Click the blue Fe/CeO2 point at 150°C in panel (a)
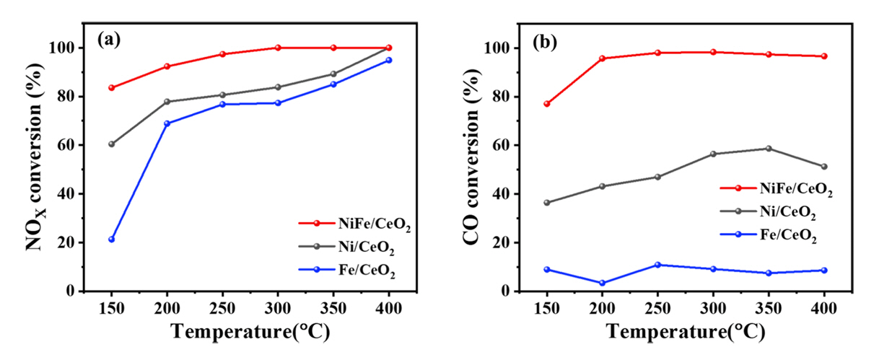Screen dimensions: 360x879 click(x=112, y=239)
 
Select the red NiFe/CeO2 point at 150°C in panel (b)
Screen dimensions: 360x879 click(x=547, y=104)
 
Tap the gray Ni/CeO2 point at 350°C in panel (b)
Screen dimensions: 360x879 click(x=769, y=149)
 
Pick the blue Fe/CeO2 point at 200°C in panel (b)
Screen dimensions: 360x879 click(x=603, y=283)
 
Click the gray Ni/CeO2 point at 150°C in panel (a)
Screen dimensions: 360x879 click(x=112, y=144)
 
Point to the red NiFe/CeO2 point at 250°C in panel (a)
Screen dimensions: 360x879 click(x=223, y=54)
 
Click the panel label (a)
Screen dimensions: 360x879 click(x=109, y=41)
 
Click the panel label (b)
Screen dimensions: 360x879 click(x=544, y=42)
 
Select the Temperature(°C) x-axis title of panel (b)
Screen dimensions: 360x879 click(x=685, y=333)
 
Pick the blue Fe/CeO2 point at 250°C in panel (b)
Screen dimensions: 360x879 click(x=657, y=265)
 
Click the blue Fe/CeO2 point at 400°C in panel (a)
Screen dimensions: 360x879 click(x=389, y=60)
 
